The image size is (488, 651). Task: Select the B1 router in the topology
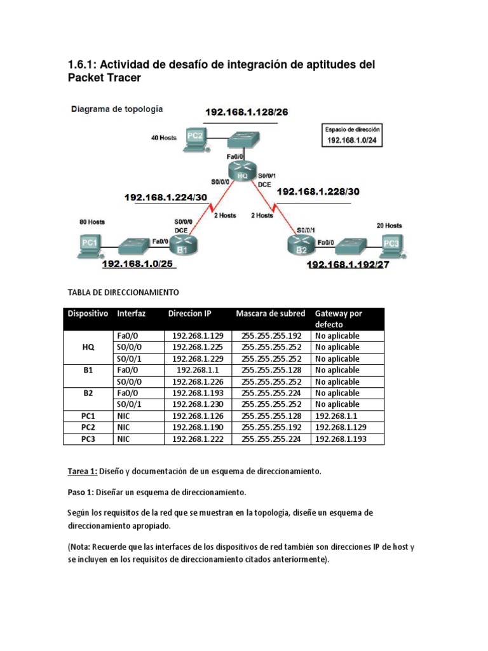tap(184, 243)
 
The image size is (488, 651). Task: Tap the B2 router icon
tap(299, 245)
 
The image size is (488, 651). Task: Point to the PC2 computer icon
tap(195, 139)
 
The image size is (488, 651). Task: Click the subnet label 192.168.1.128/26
tap(246, 113)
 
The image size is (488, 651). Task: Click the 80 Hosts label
tap(91, 223)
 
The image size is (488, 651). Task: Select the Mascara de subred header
tap(270, 313)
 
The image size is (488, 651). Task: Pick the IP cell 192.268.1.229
tap(198, 359)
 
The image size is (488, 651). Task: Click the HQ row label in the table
tap(88, 347)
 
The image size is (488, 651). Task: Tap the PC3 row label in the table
tap(88, 439)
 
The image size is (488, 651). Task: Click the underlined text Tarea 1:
tap(82, 471)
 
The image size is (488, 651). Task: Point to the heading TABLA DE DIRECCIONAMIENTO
tap(123, 292)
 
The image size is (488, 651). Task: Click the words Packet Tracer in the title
tap(104, 78)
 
